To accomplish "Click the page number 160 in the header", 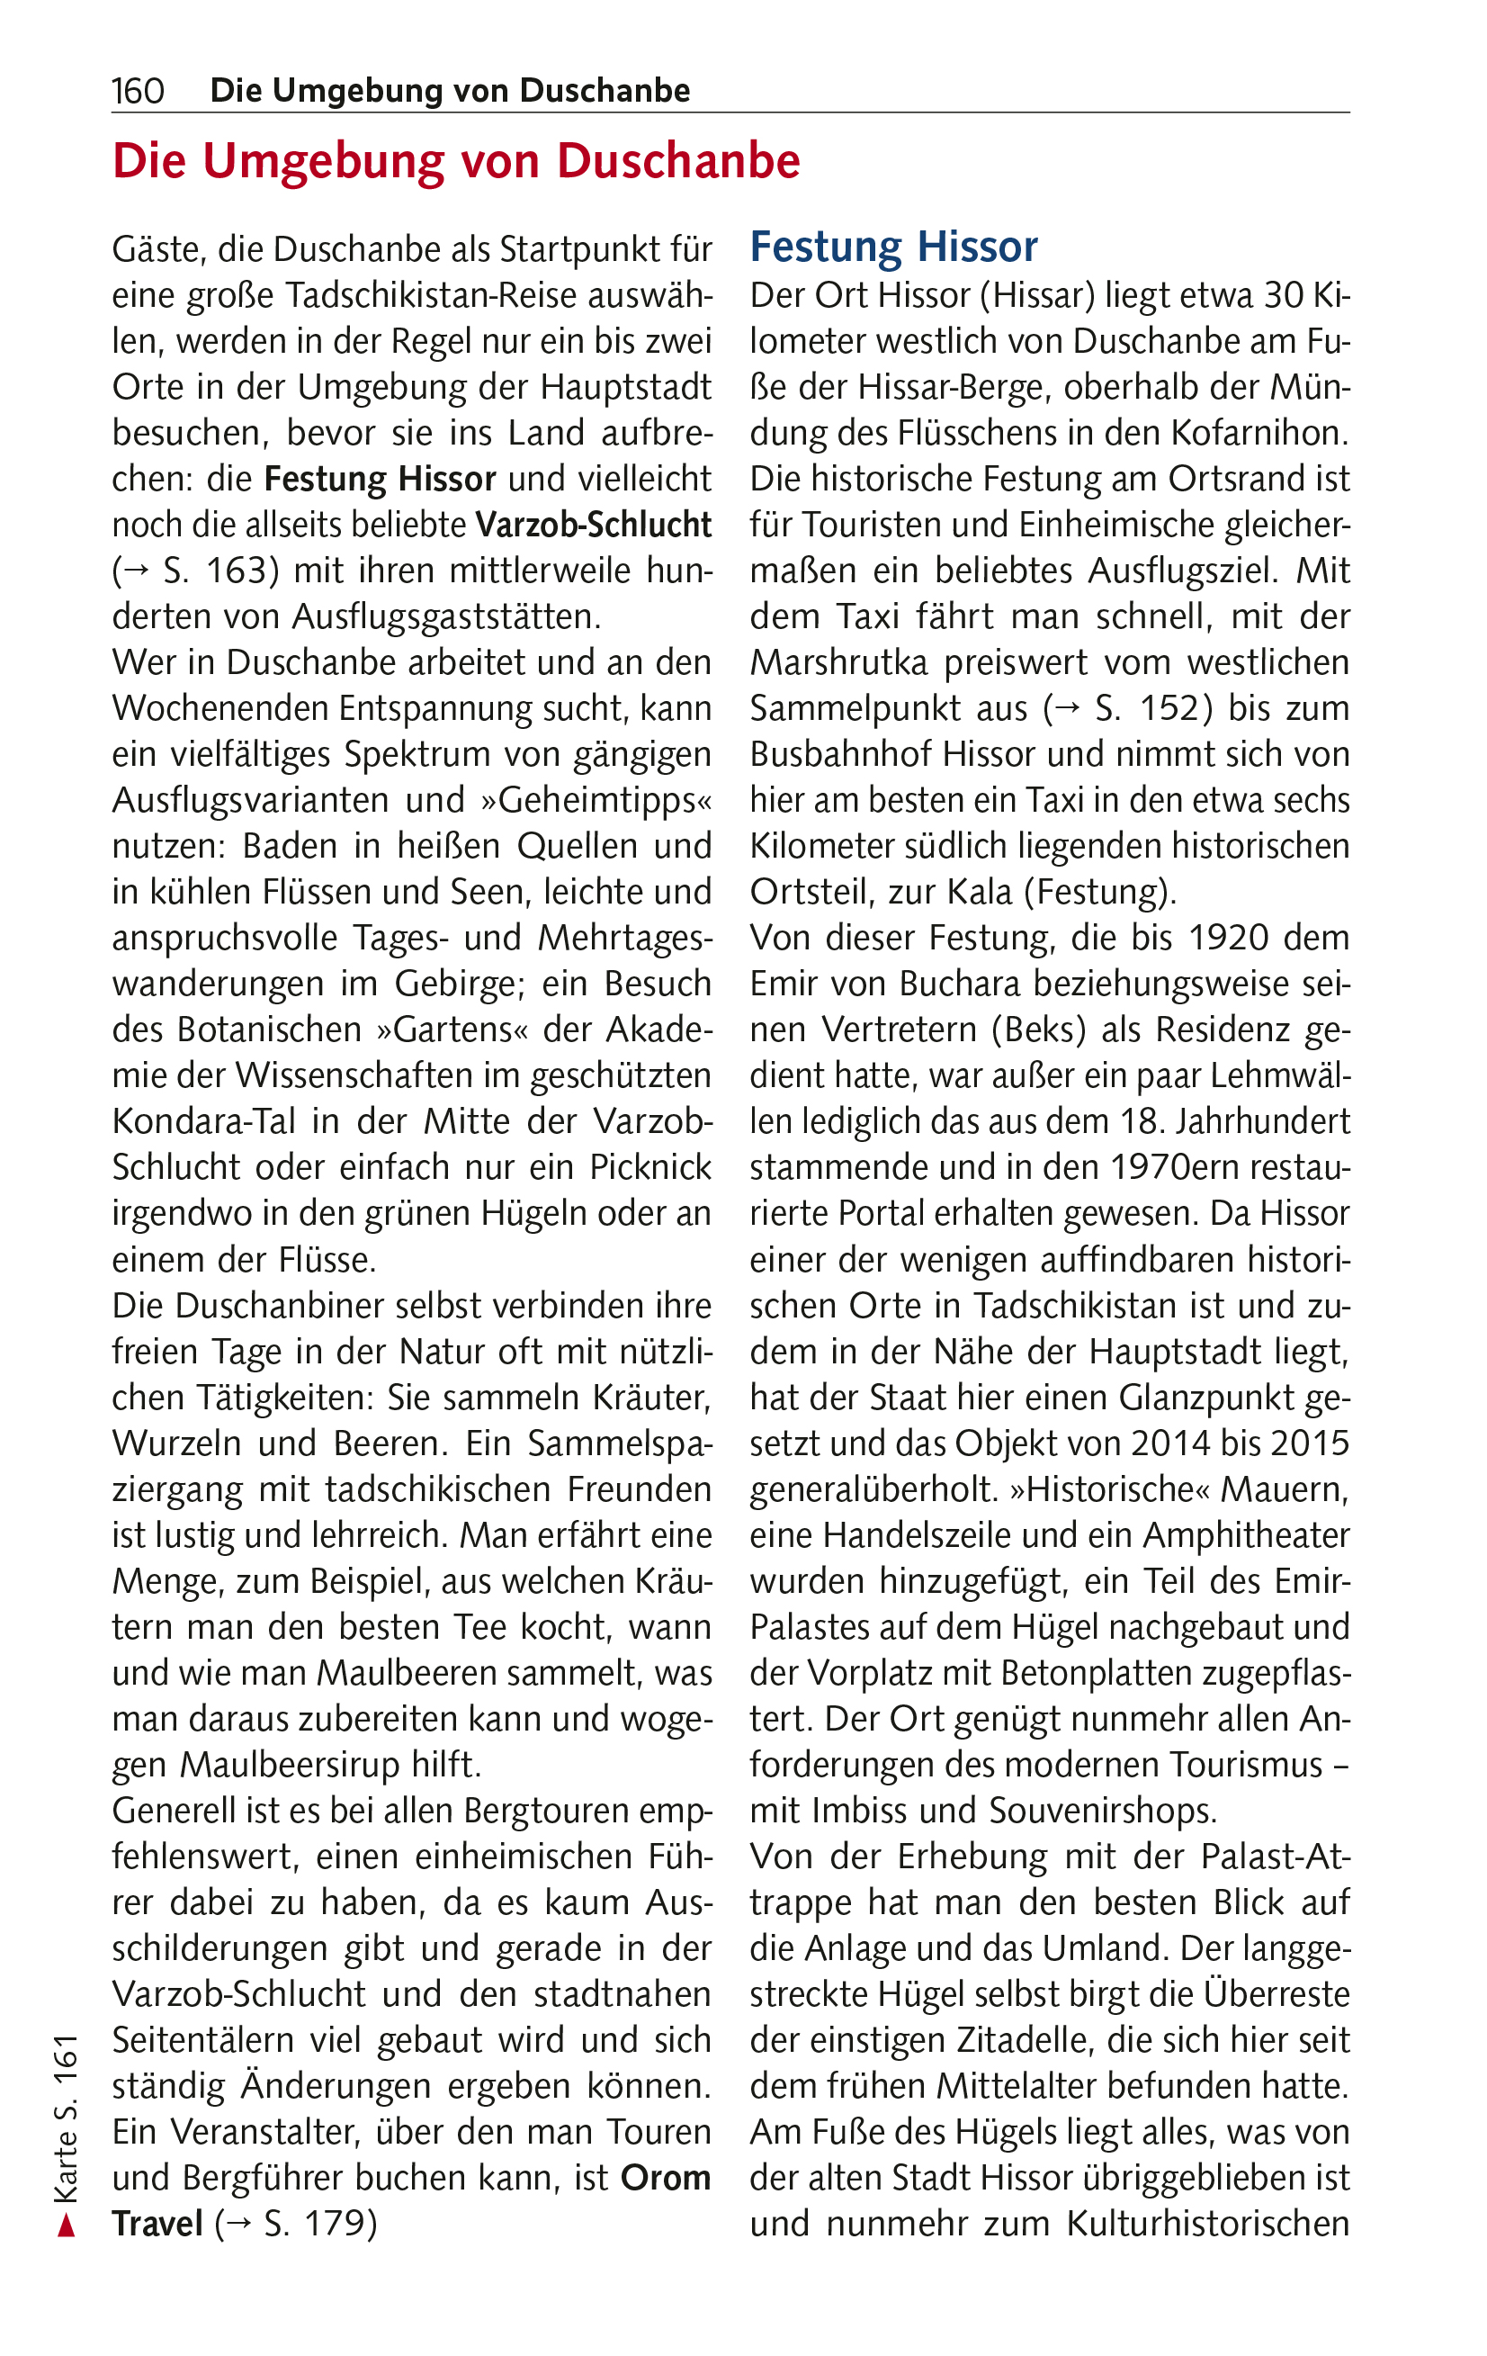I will tap(137, 91).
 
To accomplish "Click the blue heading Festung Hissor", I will tap(892, 247).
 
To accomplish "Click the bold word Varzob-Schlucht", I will tap(593, 526).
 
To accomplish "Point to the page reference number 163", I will tap(227, 571).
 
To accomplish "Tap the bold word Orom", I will tap(666, 2178).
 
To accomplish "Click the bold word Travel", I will tap(157, 2224).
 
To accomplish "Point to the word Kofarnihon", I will tap(1249, 434).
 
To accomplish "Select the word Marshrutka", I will tap(838, 662).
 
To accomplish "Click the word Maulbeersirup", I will tap(305, 1765).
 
